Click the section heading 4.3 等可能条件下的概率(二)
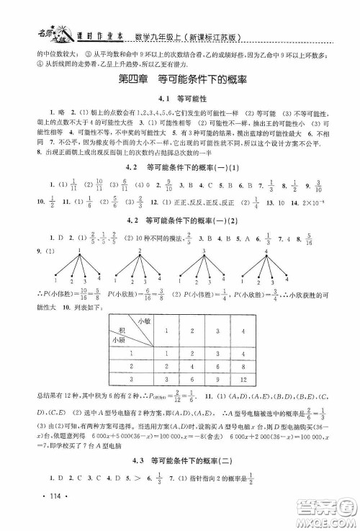click(181, 463)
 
